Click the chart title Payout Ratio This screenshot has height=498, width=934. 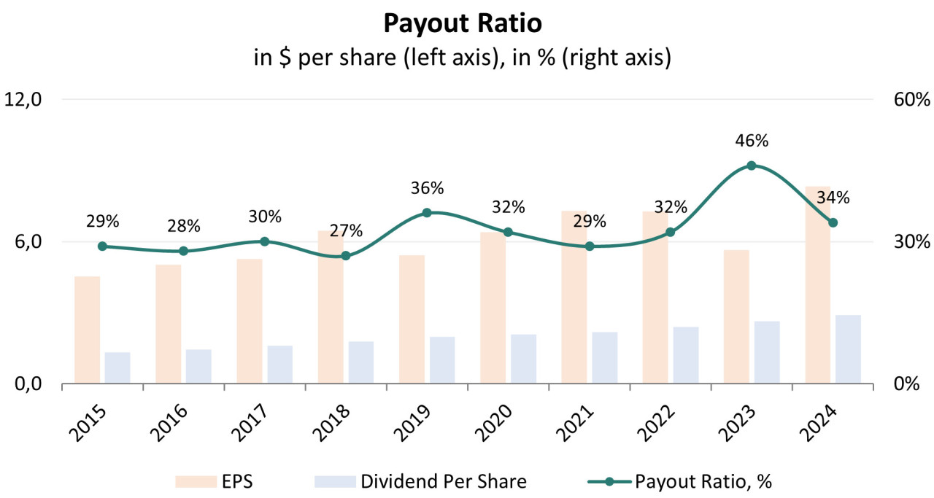point(463,23)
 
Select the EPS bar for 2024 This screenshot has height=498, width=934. point(817,292)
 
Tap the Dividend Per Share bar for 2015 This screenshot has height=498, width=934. point(117,367)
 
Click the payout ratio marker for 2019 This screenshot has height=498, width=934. point(427,213)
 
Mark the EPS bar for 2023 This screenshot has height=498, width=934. point(736,316)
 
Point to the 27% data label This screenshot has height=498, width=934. point(346,231)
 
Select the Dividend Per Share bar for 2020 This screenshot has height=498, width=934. point(523,359)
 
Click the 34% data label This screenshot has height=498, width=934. point(833,198)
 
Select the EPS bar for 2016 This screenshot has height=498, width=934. point(168,324)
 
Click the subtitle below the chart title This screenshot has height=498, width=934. point(462,58)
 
